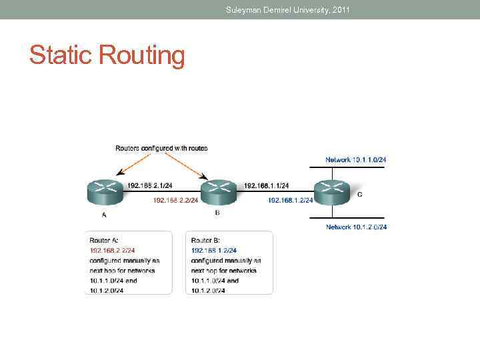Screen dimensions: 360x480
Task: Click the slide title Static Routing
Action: [x=107, y=55]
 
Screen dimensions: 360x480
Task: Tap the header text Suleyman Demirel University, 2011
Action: [x=287, y=9]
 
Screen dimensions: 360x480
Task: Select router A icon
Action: [x=105, y=193]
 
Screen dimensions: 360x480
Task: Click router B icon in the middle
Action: [x=219, y=193]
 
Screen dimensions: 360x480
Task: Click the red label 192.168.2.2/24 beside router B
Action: [x=175, y=200]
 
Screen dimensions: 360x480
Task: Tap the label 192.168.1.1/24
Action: [x=266, y=185]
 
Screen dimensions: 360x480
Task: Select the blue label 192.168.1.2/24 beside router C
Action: [x=290, y=200]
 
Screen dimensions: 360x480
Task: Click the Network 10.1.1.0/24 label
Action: [x=356, y=160]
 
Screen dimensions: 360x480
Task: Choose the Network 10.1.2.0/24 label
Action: [x=356, y=227]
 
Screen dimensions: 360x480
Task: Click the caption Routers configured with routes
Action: [x=161, y=148]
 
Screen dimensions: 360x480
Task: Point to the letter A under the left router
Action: [x=104, y=215]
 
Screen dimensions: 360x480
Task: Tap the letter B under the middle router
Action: [x=217, y=213]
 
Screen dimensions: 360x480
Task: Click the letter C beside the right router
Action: [x=360, y=195]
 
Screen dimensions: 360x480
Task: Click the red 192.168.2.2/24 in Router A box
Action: [x=112, y=251]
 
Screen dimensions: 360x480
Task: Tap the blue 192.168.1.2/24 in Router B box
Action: [x=214, y=251]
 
